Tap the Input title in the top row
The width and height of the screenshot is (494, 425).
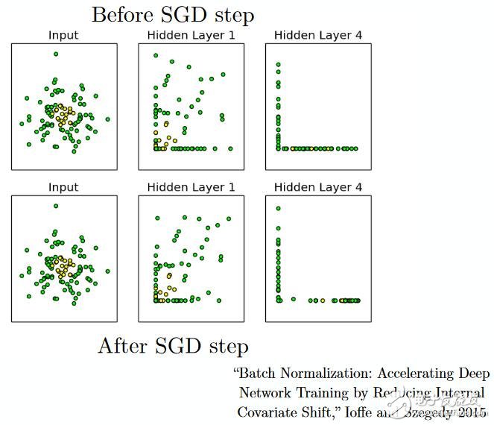coord(64,35)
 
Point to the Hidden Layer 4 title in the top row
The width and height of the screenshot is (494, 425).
coord(318,35)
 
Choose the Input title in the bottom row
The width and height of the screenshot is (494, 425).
coord(64,187)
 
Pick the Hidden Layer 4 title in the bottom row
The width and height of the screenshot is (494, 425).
coord(318,187)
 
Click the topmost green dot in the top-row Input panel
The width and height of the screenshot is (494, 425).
coord(56,53)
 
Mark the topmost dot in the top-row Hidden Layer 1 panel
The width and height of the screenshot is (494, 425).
coord(155,55)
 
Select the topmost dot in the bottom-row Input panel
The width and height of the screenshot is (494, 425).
coord(56,205)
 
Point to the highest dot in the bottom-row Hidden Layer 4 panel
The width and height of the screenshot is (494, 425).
coord(278,209)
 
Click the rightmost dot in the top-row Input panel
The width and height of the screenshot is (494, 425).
coord(108,119)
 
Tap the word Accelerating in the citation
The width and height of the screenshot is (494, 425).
coord(422,373)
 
